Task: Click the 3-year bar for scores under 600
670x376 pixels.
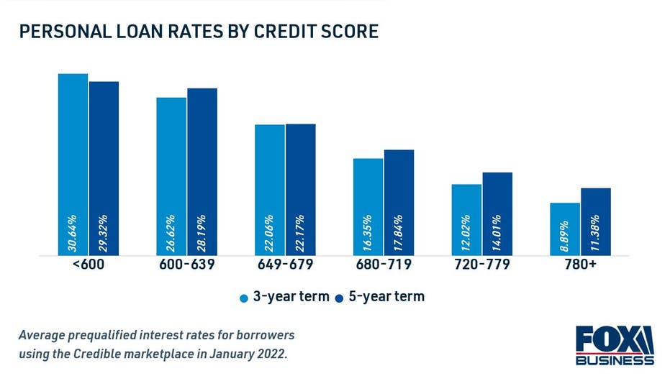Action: (x=73, y=165)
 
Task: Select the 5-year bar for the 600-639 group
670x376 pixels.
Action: (x=202, y=172)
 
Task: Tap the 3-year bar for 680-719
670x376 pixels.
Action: (x=368, y=207)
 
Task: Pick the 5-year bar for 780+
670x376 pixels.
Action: (x=596, y=222)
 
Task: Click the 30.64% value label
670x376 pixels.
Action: (x=72, y=233)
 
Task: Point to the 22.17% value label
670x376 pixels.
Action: (x=300, y=233)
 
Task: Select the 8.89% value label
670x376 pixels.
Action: (x=564, y=236)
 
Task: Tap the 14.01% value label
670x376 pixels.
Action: (x=497, y=233)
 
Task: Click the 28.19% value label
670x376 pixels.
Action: (x=202, y=233)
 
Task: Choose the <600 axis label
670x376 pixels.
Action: (x=89, y=264)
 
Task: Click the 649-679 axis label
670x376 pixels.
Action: (x=285, y=264)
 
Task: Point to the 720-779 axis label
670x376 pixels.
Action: (x=482, y=264)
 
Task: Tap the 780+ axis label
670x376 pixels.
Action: (x=580, y=264)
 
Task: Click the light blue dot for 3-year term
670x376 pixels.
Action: (x=244, y=298)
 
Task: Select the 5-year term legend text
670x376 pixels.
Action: (x=386, y=297)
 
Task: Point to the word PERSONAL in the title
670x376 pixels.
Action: (x=65, y=32)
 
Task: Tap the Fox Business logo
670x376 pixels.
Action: (x=615, y=345)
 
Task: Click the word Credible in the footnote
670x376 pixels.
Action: (x=94, y=354)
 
